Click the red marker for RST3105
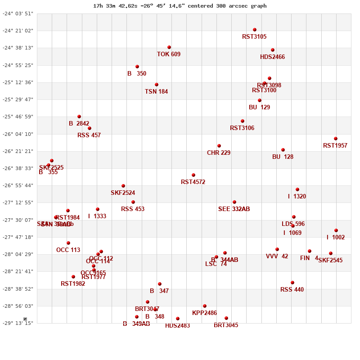click(255, 30)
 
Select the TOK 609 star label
click(169, 54)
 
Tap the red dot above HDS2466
click(273, 50)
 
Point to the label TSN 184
click(156, 92)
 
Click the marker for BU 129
click(260, 100)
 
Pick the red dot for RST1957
click(336, 139)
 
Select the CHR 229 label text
click(219, 153)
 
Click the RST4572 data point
click(193, 175)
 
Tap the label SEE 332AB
click(234, 209)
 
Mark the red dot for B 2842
click(79, 117)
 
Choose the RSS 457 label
click(89, 135)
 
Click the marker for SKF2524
click(123, 186)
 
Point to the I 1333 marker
click(98, 209)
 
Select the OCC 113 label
click(68, 250)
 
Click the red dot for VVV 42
click(277, 249)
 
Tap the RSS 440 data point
click(292, 283)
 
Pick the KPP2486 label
click(204, 313)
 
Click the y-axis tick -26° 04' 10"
click(18, 134)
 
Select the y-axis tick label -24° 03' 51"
click(18, 13)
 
